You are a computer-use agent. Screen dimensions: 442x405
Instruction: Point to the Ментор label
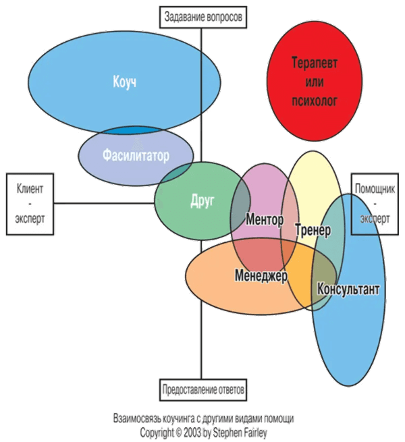(x=265, y=220)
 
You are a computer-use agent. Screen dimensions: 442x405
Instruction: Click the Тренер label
(x=313, y=231)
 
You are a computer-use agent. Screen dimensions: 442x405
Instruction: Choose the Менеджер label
(x=261, y=275)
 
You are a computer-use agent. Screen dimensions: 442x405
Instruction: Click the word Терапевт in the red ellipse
(x=313, y=61)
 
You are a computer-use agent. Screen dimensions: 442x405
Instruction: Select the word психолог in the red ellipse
(x=313, y=101)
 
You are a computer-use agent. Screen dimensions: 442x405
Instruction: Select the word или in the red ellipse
(x=313, y=81)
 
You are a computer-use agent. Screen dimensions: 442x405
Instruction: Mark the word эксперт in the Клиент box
(x=30, y=221)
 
